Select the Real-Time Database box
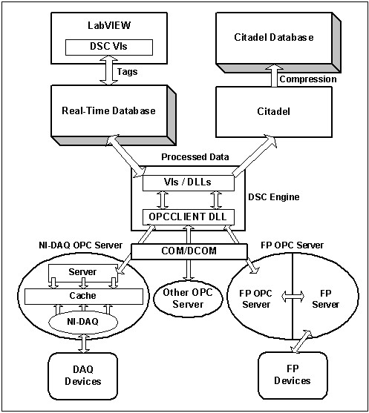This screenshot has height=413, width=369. (108, 110)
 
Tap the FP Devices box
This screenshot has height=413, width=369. (292, 375)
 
